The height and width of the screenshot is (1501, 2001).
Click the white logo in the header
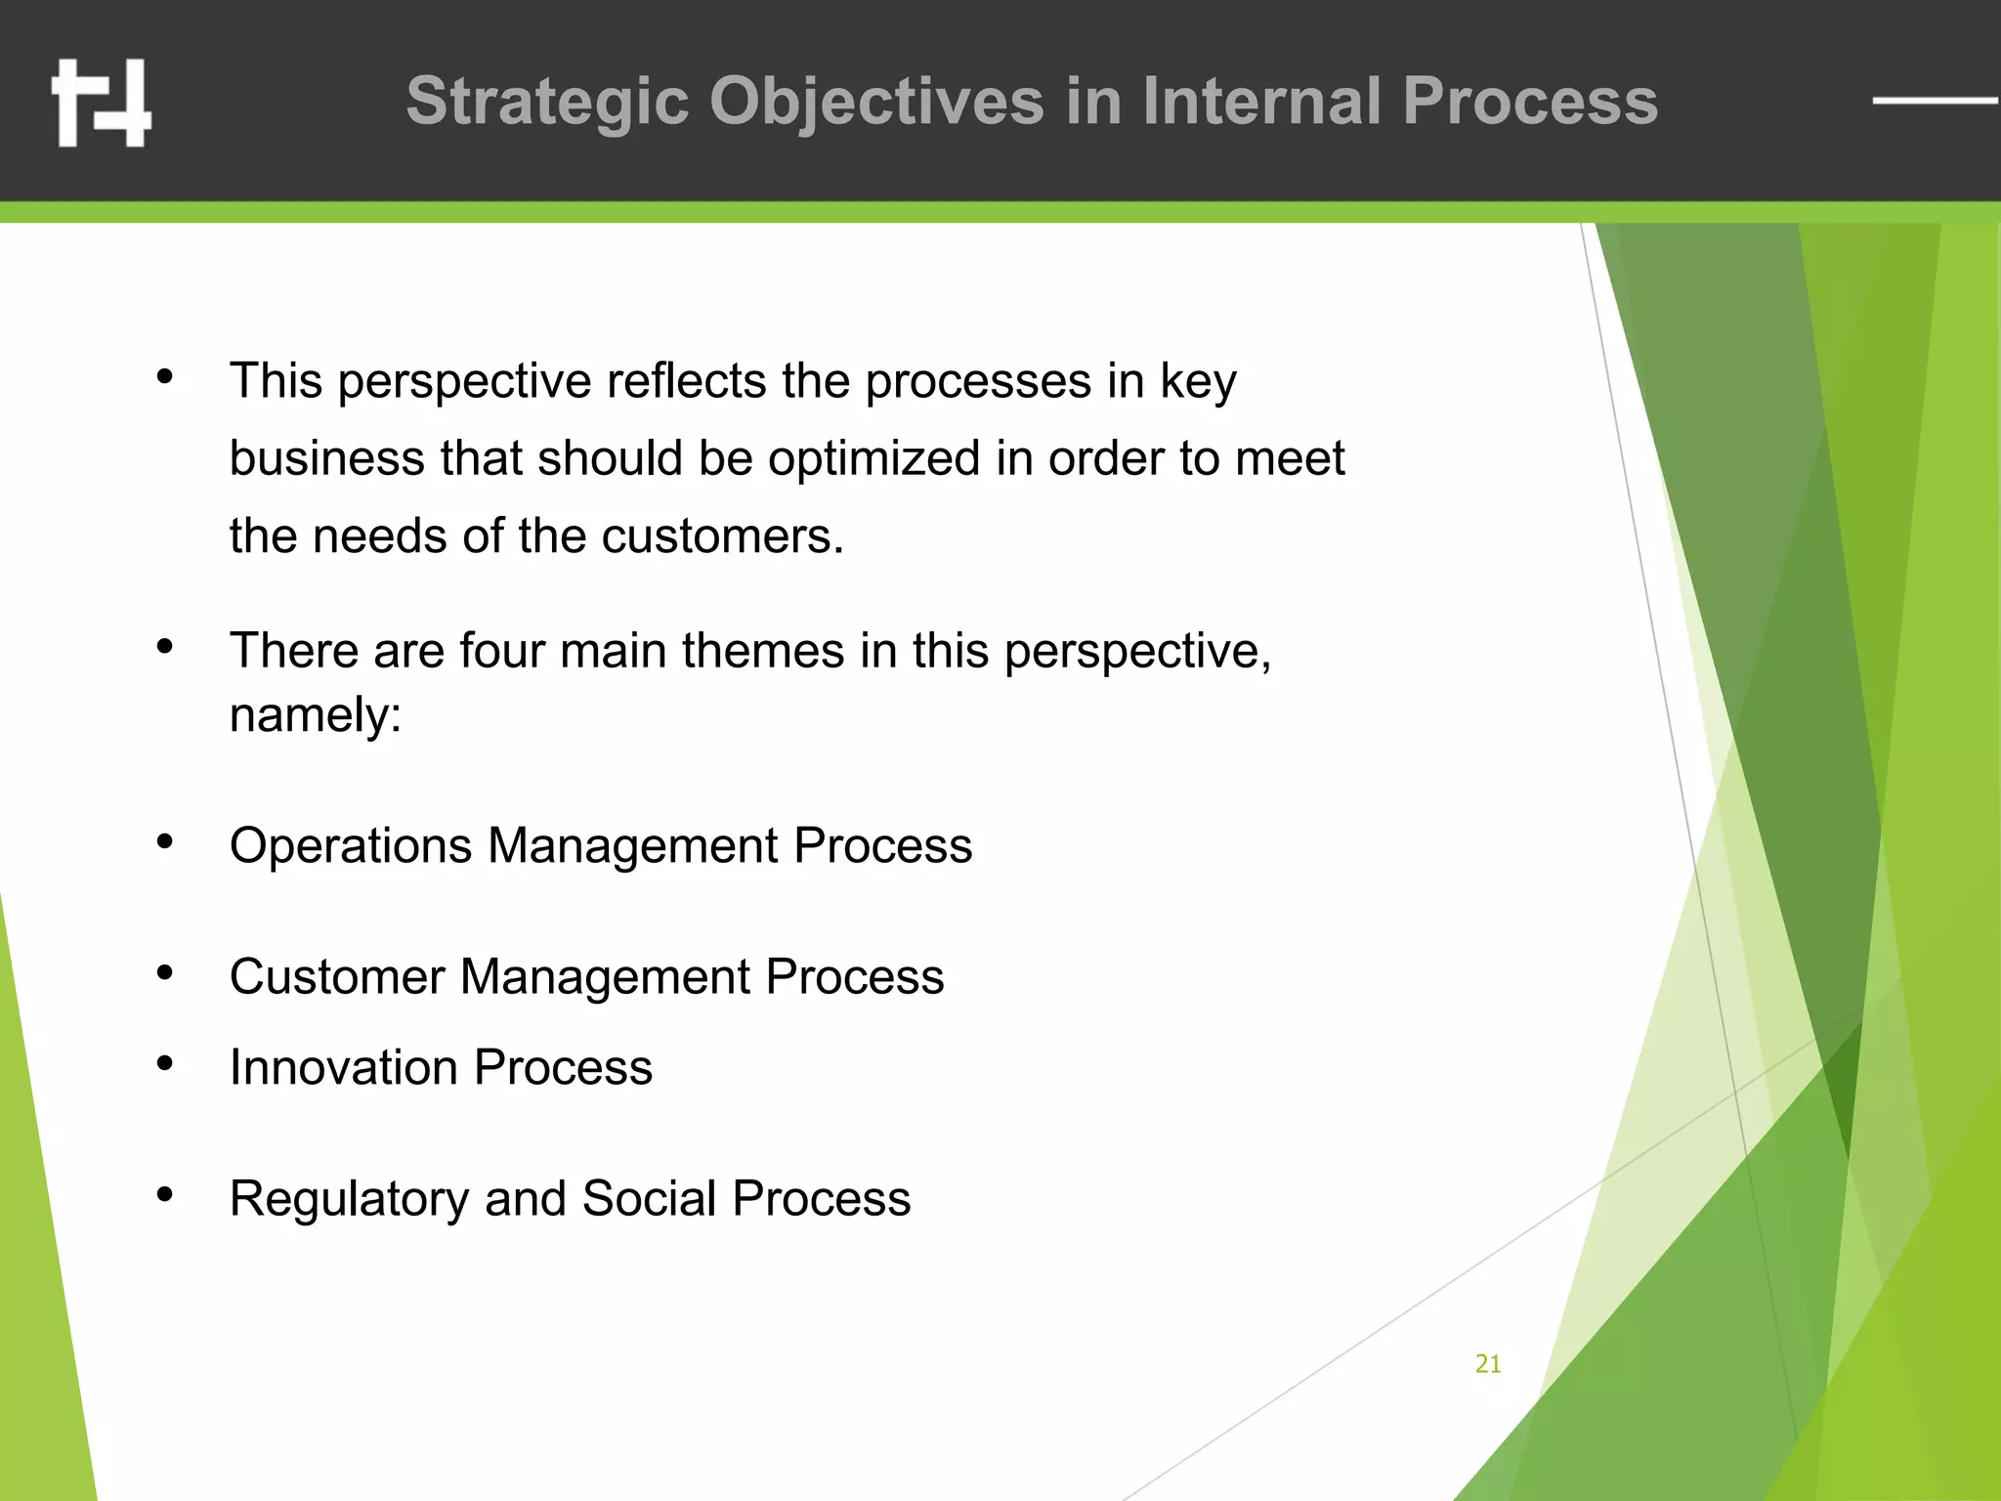(102, 104)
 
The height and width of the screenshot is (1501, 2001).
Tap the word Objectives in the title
(876, 103)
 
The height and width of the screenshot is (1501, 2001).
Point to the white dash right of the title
(1934, 100)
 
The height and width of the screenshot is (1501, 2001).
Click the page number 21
(1487, 1364)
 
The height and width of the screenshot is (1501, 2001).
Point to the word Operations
(351, 845)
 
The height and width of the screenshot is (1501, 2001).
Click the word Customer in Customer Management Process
(336, 976)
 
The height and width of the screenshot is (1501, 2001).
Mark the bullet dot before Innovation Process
(165, 1063)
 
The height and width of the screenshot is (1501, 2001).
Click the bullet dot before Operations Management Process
(165, 841)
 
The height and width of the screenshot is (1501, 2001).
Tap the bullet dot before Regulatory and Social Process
(165, 1194)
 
